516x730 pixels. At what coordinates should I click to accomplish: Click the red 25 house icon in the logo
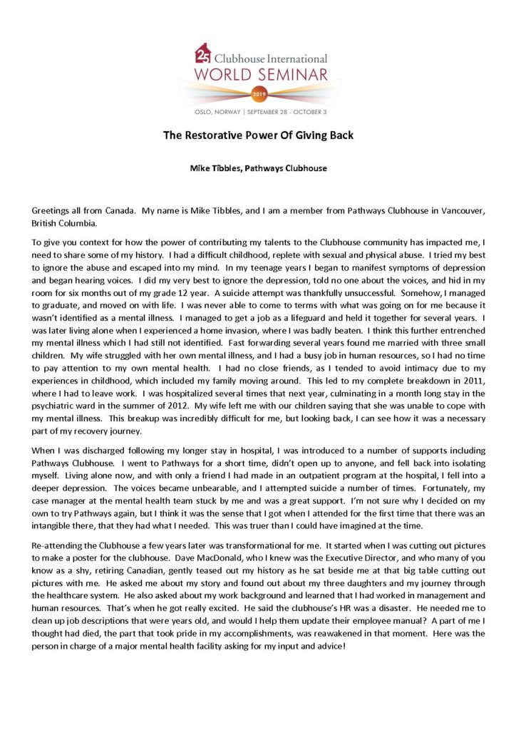click(202, 53)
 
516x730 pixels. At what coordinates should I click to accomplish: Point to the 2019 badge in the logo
click(258, 93)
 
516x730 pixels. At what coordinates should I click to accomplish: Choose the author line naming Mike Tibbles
click(257, 170)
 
